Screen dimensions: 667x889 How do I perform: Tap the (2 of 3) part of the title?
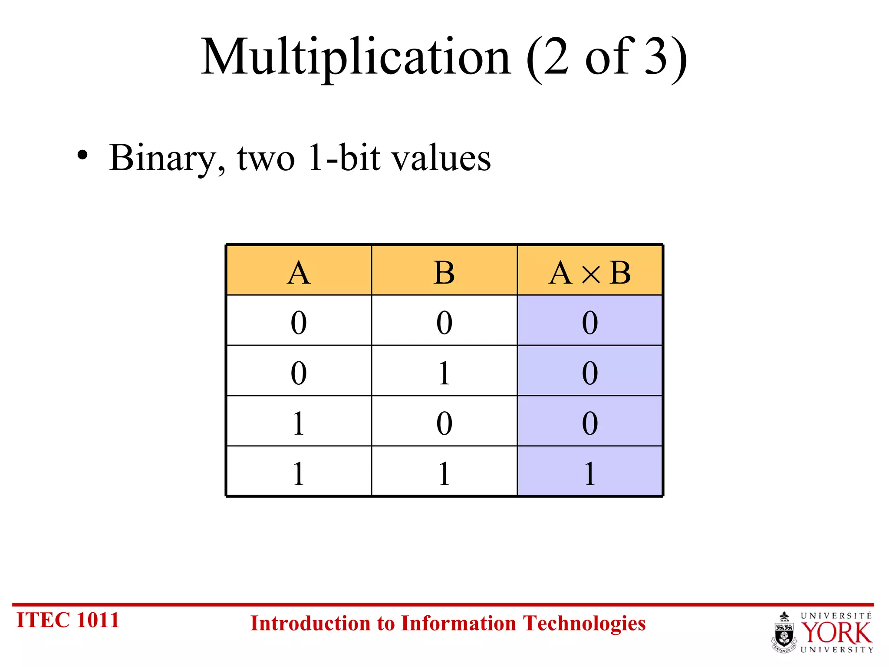(606, 58)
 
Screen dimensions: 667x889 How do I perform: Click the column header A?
(299, 273)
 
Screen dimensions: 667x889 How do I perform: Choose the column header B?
(444, 273)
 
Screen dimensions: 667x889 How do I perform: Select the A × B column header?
(589, 273)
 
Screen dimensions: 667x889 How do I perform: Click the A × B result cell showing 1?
(589, 473)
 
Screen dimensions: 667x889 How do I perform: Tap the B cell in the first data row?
(444, 323)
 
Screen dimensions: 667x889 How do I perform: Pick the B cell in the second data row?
(444, 373)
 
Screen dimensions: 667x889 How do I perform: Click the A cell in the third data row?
(299, 423)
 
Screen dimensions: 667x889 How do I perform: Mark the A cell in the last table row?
(299, 473)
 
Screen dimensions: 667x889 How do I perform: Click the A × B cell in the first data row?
(589, 323)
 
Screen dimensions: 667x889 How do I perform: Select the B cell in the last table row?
(444, 473)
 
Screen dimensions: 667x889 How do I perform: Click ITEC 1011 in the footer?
(68, 620)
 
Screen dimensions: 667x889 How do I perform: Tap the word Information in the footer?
(460, 624)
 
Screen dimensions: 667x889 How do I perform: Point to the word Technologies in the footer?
(584, 624)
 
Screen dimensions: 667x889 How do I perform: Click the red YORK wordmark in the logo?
(836, 633)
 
